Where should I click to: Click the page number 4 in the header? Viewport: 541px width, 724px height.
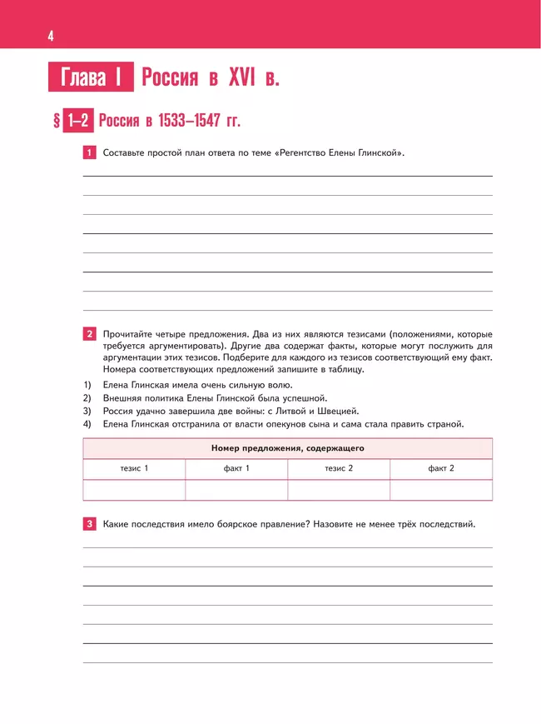coord(52,36)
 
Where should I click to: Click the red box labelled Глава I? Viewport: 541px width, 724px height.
coord(92,78)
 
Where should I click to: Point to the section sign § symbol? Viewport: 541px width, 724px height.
coord(57,122)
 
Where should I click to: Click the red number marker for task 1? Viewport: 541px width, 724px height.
coord(90,153)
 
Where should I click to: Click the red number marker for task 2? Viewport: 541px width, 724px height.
coord(90,334)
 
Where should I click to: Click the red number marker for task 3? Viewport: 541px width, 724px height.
coord(90,524)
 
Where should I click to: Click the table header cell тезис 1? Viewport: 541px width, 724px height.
coord(134,469)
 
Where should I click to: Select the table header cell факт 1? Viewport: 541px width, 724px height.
coord(236,469)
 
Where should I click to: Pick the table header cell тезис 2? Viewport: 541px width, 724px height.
coord(339,469)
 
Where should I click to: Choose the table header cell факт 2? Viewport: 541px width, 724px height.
coord(441,469)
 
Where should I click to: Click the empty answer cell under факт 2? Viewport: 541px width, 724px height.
coord(441,490)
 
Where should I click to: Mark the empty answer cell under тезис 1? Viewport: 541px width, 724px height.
coord(134,490)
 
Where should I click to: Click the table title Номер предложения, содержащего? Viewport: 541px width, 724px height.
coord(287,448)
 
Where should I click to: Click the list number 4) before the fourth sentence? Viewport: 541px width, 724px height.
coord(87,424)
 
